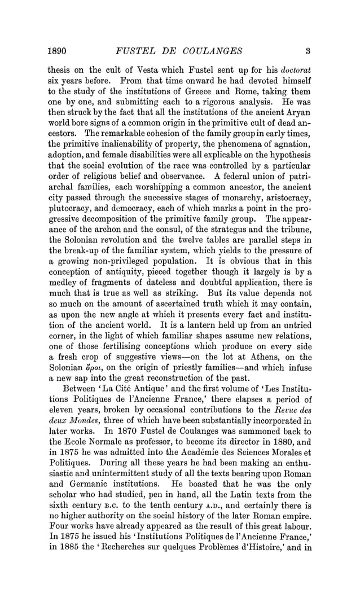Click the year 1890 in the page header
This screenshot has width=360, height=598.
[x=57, y=51]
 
